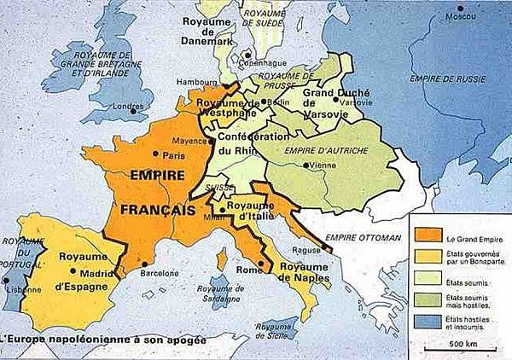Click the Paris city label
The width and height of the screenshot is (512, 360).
click(x=174, y=155)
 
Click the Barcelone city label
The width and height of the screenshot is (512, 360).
click(x=172, y=276)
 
